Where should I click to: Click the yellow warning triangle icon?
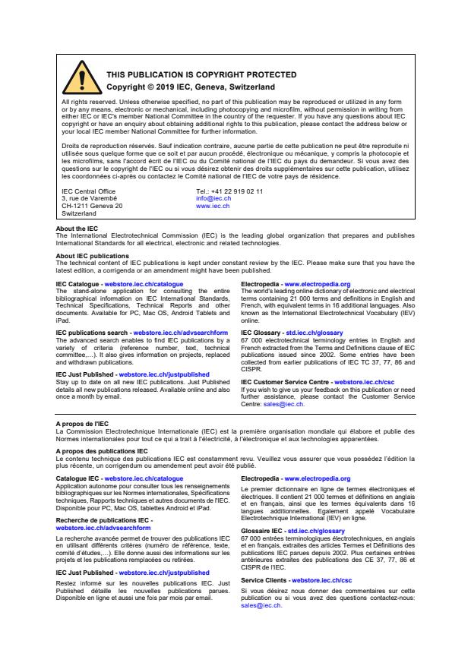[x=77, y=78]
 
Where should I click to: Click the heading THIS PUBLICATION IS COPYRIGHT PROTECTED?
[x=191, y=75]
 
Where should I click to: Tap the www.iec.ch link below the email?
[x=213, y=206]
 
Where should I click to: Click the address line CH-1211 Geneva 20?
[x=92, y=206]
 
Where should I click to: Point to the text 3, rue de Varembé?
[x=89, y=199]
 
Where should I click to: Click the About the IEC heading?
[x=77, y=229]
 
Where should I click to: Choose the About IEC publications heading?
[x=92, y=256]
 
